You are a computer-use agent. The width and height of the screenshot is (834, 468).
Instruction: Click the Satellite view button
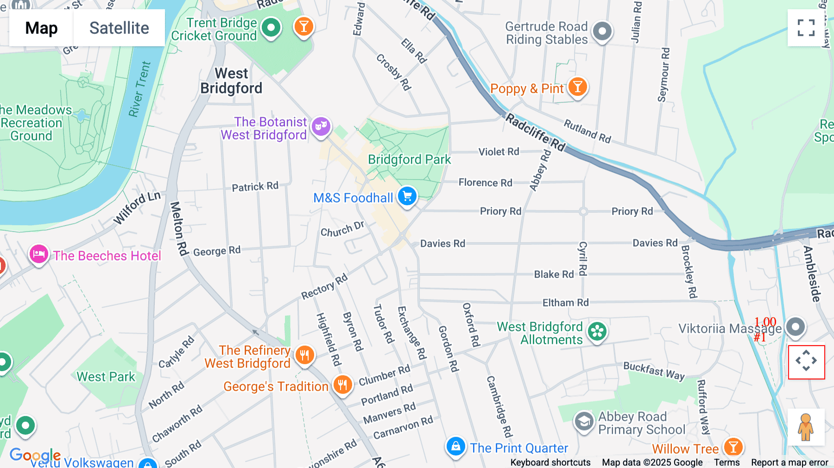pyautogui.click(x=119, y=28)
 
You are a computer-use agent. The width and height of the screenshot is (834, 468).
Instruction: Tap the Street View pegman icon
pyautogui.click(x=806, y=427)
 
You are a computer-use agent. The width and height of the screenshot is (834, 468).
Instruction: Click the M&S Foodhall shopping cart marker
pyautogui.click(x=407, y=196)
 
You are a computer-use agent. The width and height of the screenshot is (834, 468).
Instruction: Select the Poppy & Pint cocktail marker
pyautogui.click(x=577, y=87)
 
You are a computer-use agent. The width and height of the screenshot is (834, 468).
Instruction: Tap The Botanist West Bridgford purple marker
pyautogui.click(x=321, y=126)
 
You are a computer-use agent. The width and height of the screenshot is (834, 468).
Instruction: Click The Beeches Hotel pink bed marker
pyautogui.click(x=39, y=254)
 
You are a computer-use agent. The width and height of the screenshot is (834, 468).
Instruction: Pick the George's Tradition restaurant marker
pyautogui.click(x=342, y=385)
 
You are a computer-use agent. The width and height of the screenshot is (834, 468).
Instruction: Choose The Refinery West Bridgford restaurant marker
pyautogui.click(x=304, y=355)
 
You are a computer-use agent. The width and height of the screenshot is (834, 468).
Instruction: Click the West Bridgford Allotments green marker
pyautogui.click(x=597, y=331)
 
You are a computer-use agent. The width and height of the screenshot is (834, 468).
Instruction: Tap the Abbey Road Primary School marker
pyautogui.click(x=584, y=421)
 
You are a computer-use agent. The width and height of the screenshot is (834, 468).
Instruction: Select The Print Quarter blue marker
pyautogui.click(x=455, y=446)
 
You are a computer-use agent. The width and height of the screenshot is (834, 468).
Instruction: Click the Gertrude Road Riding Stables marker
pyautogui.click(x=602, y=32)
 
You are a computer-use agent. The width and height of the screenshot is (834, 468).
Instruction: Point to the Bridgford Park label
pyautogui.click(x=409, y=159)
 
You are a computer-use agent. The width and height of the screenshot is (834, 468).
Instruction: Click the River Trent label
pyautogui.click(x=139, y=89)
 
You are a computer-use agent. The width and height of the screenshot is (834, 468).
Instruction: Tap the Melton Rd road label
pyautogui.click(x=178, y=228)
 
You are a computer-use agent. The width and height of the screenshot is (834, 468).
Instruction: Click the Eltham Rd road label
pyautogui.click(x=565, y=303)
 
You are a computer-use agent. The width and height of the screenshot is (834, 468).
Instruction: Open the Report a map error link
pyautogui.click(x=790, y=462)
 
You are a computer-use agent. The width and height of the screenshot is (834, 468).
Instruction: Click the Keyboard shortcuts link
pyautogui.click(x=550, y=462)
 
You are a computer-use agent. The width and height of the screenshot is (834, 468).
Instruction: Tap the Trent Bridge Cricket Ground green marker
pyautogui.click(x=271, y=28)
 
